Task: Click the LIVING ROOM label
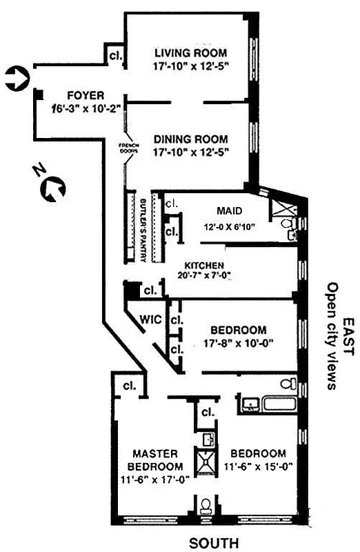coord(191,53)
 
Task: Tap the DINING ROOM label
coord(191,139)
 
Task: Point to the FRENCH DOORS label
coord(129,148)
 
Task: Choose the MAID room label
coord(228,210)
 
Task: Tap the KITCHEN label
coord(203,265)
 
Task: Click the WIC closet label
coord(150,319)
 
